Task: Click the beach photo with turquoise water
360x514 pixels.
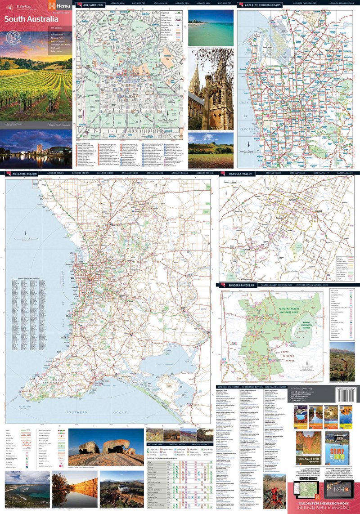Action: click(x=211, y=27)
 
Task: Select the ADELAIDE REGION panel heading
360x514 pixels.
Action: click(x=24, y=173)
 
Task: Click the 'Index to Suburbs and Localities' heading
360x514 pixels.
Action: click(x=27, y=279)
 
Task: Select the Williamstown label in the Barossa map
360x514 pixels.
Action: click(x=243, y=279)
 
